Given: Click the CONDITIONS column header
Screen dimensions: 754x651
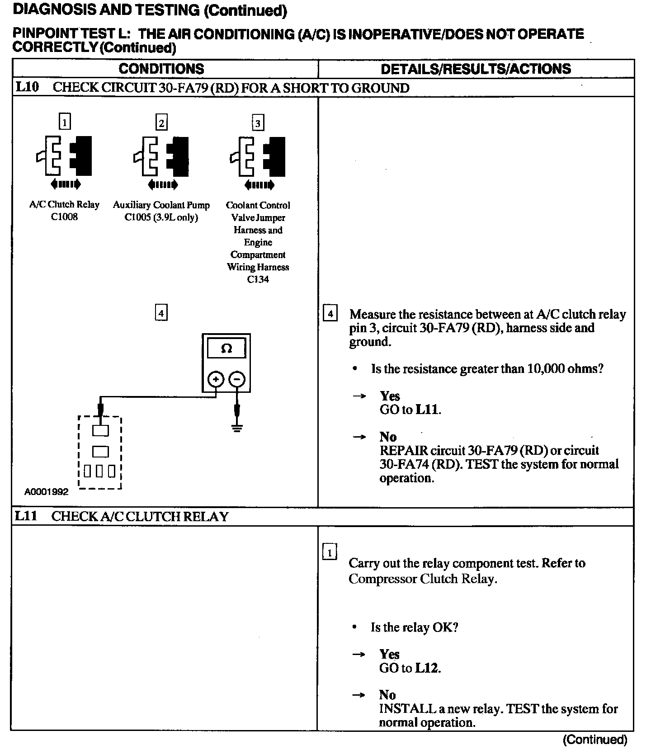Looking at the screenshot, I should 161,69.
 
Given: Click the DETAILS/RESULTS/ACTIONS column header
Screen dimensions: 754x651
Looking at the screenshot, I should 476,69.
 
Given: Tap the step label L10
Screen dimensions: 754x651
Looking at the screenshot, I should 27,87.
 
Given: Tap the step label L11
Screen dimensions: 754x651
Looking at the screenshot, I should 26,516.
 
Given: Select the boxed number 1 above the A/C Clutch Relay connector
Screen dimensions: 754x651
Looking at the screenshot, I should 65,122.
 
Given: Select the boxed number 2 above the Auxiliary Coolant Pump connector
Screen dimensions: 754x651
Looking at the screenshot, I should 161,123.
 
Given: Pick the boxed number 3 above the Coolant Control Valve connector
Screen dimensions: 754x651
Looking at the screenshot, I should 258,123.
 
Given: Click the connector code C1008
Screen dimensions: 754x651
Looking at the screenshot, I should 64,217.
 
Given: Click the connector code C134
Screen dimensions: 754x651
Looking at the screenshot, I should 258,279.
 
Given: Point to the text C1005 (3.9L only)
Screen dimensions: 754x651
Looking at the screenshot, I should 161,217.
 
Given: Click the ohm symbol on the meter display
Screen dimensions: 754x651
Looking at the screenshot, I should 226,349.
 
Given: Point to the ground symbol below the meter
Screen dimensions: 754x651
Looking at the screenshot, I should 237,428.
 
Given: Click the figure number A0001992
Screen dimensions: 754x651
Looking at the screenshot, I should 46,492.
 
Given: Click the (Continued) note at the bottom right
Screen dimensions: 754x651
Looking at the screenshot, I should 595,740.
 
